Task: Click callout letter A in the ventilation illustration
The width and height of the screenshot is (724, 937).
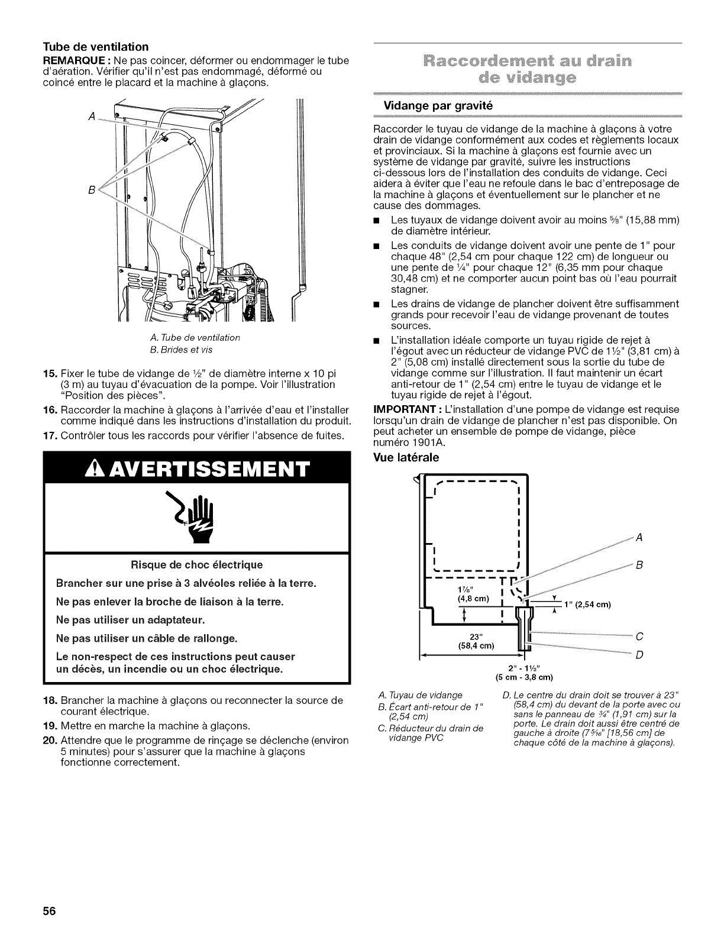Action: click(90, 116)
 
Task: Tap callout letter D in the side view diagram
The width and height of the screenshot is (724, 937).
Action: click(639, 655)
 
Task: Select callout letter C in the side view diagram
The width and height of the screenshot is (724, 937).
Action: click(639, 637)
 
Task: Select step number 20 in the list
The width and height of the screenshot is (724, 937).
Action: click(49, 740)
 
